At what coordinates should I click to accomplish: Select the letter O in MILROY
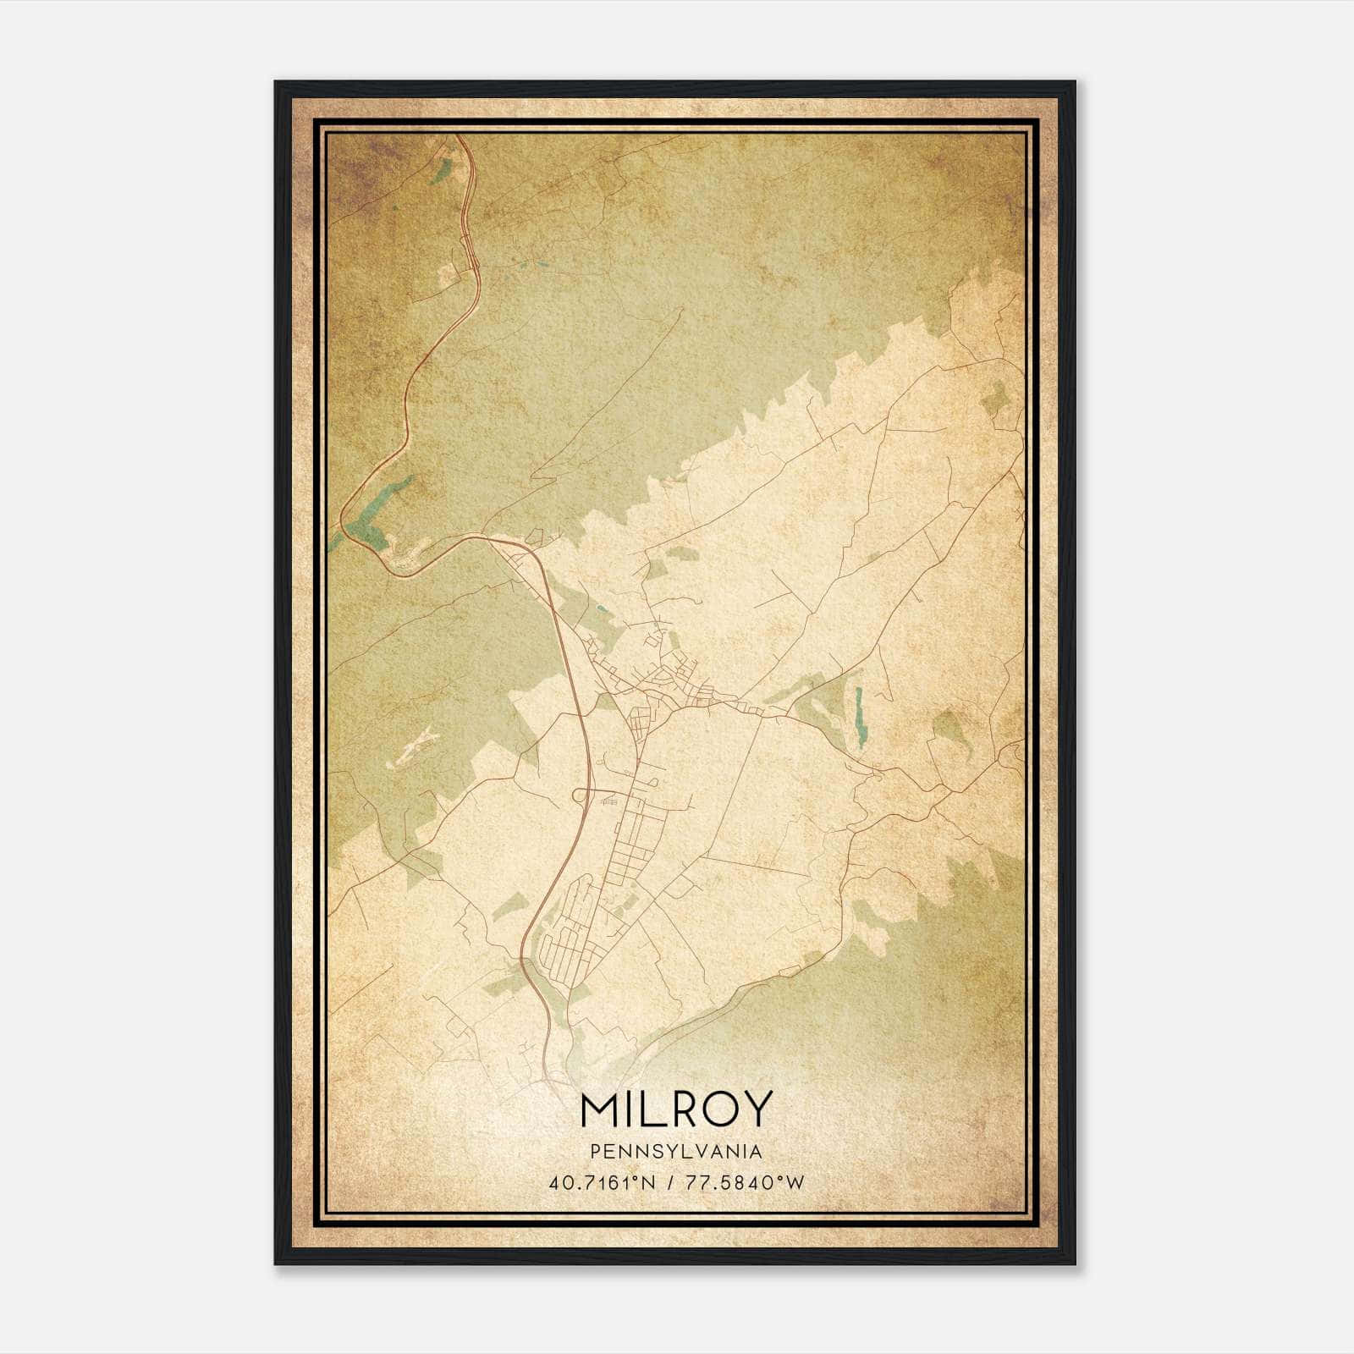(x=718, y=1109)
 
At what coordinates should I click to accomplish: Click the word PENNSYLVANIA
(x=676, y=1152)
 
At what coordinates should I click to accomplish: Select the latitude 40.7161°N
(x=603, y=1182)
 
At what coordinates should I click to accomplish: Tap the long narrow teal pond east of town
(x=860, y=717)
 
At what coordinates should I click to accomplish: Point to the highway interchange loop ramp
(x=581, y=795)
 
